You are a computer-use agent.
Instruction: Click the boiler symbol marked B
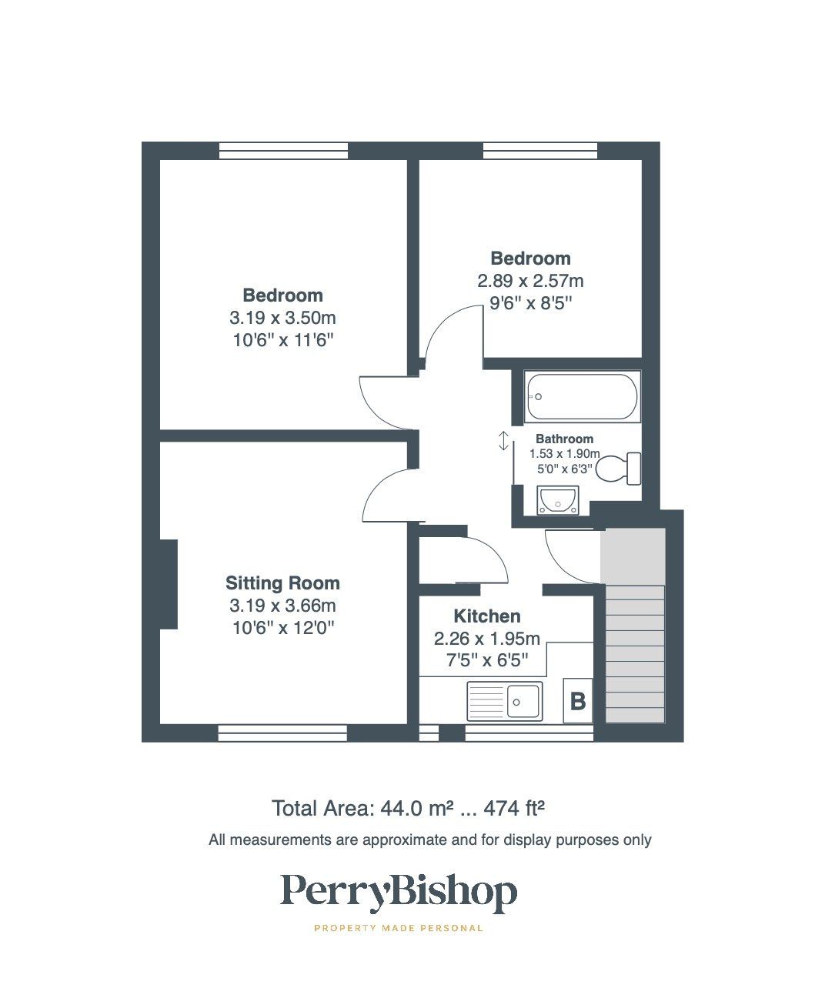[x=577, y=701]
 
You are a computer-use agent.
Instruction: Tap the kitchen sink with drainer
[x=504, y=701]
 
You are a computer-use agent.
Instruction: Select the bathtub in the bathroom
[x=582, y=396]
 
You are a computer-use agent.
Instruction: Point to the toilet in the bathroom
[x=620, y=468]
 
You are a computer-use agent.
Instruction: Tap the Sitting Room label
[x=282, y=583]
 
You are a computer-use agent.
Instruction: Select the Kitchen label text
[x=486, y=616]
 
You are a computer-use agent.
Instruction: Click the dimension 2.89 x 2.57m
[x=530, y=281]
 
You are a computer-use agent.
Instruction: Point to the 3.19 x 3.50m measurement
[x=282, y=318]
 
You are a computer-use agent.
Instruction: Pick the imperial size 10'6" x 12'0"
[x=282, y=628]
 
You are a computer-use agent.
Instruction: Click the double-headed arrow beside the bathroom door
[x=503, y=441]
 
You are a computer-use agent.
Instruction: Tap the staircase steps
[x=635, y=654]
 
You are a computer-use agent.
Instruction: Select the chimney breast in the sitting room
[x=169, y=584]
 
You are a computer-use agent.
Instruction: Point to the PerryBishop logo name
[x=398, y=893]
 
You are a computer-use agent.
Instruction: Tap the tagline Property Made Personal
[x=399, y=928]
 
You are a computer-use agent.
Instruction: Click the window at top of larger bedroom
[x=282, y=152]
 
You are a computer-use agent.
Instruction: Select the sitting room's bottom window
[x=282, y=733]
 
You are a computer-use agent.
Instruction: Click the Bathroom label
[x=564, y=439]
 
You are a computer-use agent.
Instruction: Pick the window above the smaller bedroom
[x=540, y=152]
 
